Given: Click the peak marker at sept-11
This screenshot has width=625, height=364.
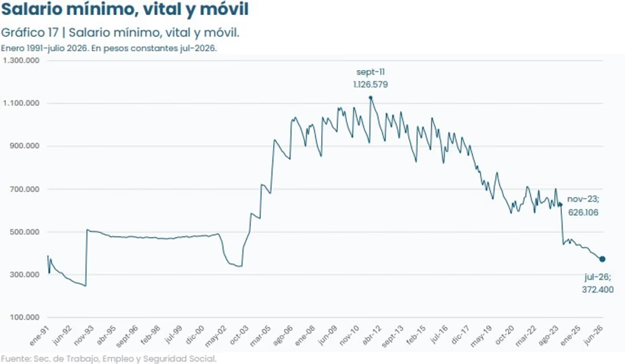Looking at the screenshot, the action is tap(370, 98).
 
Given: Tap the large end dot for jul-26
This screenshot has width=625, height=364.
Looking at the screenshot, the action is tap(602, 259).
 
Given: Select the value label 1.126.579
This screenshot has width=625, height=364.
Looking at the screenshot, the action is tap(370, 84).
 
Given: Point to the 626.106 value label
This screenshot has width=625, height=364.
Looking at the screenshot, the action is tap(583, 213).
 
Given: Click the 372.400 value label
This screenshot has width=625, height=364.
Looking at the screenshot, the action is tap(597, 290).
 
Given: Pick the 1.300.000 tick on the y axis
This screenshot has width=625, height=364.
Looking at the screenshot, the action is tap(21, 60).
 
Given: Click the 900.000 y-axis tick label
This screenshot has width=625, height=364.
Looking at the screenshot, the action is tap(24, 146).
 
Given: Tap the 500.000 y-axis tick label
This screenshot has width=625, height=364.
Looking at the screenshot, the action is tap(24, 232).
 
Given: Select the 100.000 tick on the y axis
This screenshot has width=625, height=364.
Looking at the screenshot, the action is tap(24, 317).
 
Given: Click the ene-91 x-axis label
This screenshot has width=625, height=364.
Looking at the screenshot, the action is tap(39, 335).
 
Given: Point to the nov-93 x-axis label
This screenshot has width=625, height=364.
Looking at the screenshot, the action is tap(84, 335).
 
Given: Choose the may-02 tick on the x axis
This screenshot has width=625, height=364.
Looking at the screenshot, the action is tap(216, 336).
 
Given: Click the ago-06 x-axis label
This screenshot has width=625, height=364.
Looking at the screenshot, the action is tap(283, 335).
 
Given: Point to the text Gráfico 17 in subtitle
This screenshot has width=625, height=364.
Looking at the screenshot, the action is tap(30, 33).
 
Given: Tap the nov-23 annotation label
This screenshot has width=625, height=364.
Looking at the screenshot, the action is tap(583, 199).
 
